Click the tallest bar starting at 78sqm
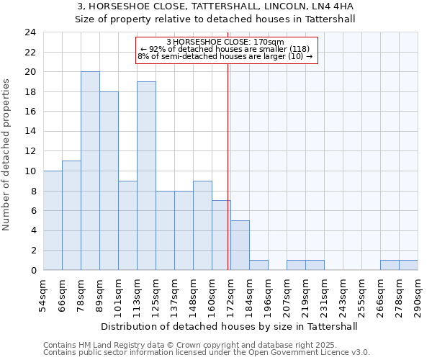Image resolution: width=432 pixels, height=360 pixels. (90, 171)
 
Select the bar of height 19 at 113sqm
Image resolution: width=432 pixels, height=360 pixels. (146, 176)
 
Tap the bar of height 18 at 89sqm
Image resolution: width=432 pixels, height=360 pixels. (109, 181)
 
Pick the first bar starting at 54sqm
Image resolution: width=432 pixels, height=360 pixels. (53, 220)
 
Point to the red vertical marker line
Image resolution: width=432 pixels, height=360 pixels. (228, 166)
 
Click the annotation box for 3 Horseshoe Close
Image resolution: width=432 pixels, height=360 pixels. (226, 49)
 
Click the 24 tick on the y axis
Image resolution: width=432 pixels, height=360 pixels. (30, 32)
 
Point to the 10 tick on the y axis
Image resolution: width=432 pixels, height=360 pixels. (30, 171)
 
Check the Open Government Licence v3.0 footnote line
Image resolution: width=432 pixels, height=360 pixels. (206, 353)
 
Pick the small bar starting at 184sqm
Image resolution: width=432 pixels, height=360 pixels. (258, 265)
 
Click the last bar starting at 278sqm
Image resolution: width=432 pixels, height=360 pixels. (408, 265)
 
